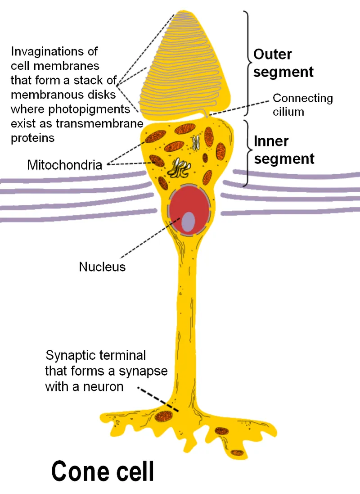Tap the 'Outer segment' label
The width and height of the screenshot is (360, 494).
tap(283, 63)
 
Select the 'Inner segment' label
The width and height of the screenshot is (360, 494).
tap(283, 150)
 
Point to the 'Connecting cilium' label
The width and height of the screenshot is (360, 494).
tap(302, 104)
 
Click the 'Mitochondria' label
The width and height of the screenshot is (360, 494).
tap(65, 165)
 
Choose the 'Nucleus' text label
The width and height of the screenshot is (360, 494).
tap(102, 267)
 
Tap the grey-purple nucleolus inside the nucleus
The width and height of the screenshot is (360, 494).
tap(189, 221)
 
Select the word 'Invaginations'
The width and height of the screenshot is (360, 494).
tap(54, 51)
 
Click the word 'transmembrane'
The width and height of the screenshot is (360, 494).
tap(102, 123)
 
